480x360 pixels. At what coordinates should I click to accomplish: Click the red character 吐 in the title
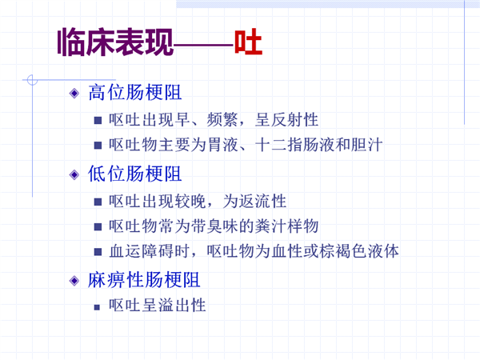point(248,42)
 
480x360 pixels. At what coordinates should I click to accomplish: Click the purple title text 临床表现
point(115,42)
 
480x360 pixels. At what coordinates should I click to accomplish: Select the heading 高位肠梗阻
point(135,93)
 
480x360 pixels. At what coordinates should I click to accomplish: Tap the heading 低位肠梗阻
point(135,174)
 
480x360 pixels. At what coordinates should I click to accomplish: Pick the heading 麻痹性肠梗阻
point(144,280)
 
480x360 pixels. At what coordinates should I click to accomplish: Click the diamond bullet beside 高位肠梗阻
point(74,93)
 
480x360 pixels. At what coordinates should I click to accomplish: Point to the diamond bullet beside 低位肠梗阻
point(74,174)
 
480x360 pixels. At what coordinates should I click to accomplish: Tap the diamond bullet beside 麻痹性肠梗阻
point(74,281)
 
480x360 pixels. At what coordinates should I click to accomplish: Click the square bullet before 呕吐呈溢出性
point(97,307)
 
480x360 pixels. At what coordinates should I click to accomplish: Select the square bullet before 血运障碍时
point(98,252)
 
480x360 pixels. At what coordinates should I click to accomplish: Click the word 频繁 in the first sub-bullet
point(222,120)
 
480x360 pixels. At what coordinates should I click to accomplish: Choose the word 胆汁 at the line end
point(366,145)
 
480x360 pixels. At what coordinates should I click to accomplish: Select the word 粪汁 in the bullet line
point(270,226)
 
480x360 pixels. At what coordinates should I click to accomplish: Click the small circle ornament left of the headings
point(32,80)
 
